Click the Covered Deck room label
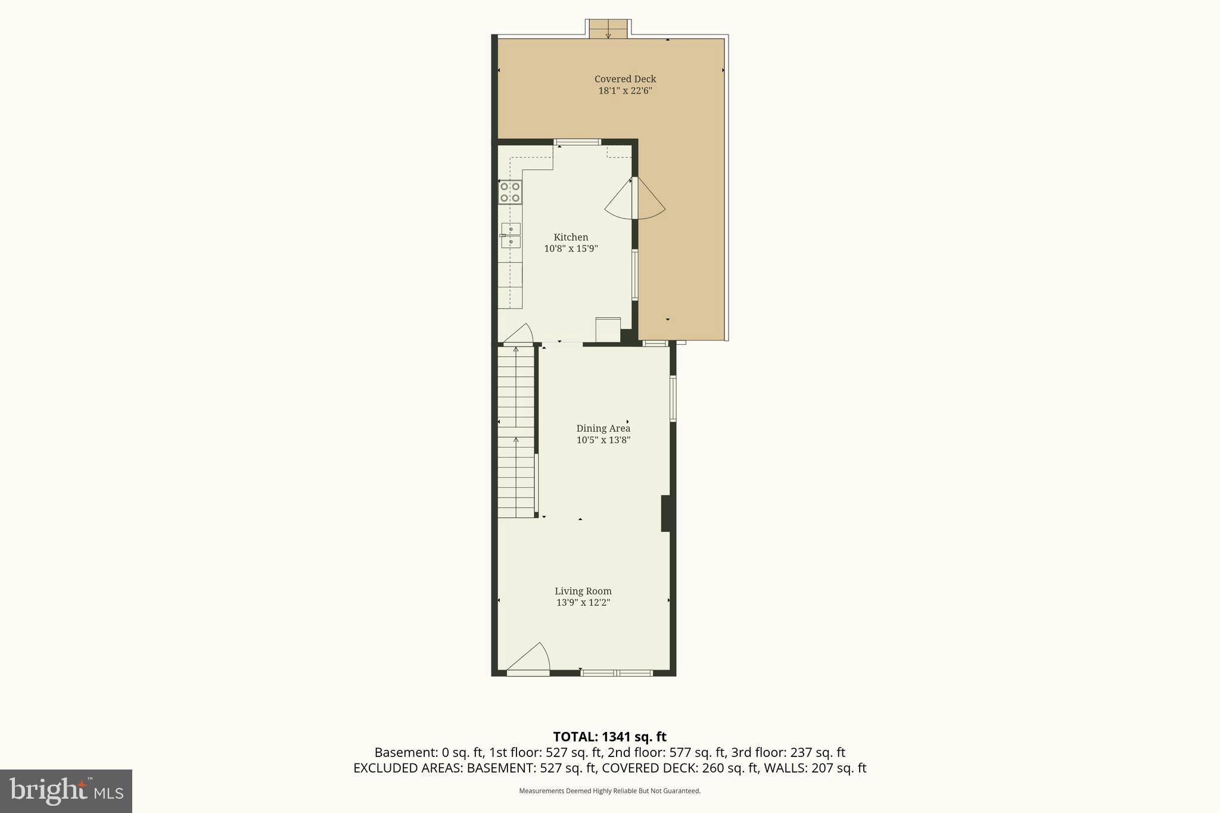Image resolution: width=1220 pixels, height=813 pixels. [625, 79]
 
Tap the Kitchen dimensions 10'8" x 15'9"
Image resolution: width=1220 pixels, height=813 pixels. [571, 249]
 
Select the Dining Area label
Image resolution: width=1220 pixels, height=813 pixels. [603, 428]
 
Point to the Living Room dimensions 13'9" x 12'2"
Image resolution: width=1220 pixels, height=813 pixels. [583, 603]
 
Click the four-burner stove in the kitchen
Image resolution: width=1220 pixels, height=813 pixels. [510, 192]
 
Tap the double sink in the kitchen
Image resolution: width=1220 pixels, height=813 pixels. [511, 235]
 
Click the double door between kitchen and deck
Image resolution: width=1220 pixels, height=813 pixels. [635, 198]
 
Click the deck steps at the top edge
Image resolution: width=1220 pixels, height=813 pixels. [608, 29]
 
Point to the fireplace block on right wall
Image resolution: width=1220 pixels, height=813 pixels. [667, 513]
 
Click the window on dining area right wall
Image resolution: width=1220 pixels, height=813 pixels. [673, 398]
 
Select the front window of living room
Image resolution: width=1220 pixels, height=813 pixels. [617, 673]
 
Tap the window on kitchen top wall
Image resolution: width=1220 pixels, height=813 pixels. [577, 142]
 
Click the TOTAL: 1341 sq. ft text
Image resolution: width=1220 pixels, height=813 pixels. [609, 737]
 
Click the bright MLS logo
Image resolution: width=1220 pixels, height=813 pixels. [66, 791]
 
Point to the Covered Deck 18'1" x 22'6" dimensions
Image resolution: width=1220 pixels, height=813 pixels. [625, 91]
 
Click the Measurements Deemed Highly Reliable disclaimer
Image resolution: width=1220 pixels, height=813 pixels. [609, 791]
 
